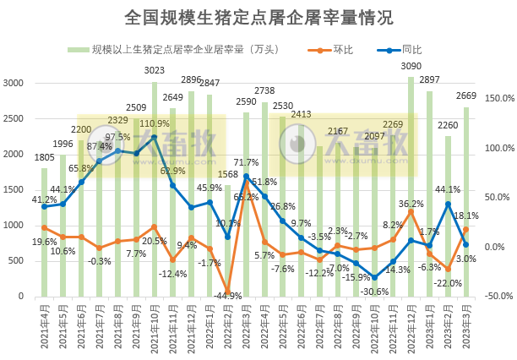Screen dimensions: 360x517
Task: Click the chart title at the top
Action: coord(258,17)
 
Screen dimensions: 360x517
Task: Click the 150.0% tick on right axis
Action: coord(497,98)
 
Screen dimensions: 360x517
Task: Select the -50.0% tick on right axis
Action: coord(497,297)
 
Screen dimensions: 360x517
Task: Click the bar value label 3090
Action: coord(411,66)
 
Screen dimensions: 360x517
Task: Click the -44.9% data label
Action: coord(229,296)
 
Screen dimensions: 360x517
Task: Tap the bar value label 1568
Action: coord(228,175)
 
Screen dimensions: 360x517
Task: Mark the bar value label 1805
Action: coord(44,158)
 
